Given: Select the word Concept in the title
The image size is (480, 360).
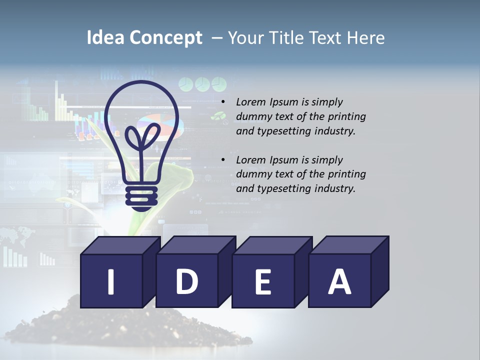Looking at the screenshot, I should [x=166, y=38].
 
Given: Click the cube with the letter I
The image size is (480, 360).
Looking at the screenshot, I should [x=111, y=281].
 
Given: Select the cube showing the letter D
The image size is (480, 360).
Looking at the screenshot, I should [x=187, y=281].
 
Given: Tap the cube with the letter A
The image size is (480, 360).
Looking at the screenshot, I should [x=339, y=281].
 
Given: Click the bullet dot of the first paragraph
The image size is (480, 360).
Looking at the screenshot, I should [x=222, y=102].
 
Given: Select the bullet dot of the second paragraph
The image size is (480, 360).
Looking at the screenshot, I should [x=222, y=160].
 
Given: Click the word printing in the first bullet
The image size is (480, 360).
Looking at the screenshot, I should [x=347, y=117].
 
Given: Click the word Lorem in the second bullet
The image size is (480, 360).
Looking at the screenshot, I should [x=251, y=160].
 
